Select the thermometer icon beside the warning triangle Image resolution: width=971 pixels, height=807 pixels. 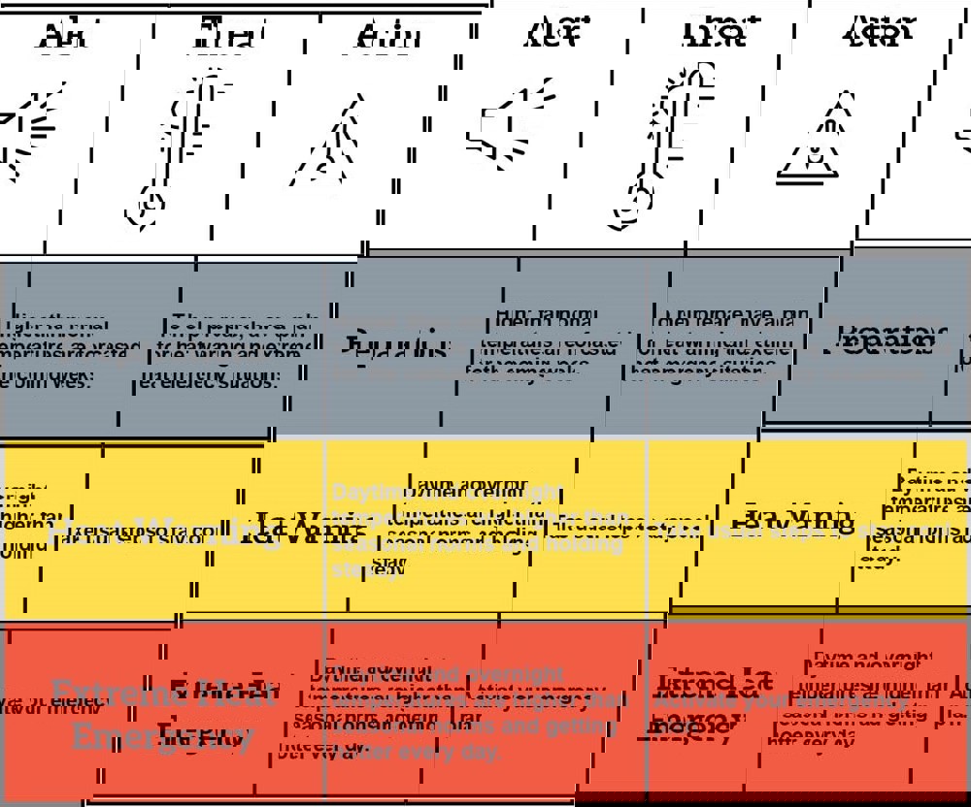coord(670,145)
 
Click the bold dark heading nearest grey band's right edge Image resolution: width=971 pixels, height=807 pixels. coord(885,341)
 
